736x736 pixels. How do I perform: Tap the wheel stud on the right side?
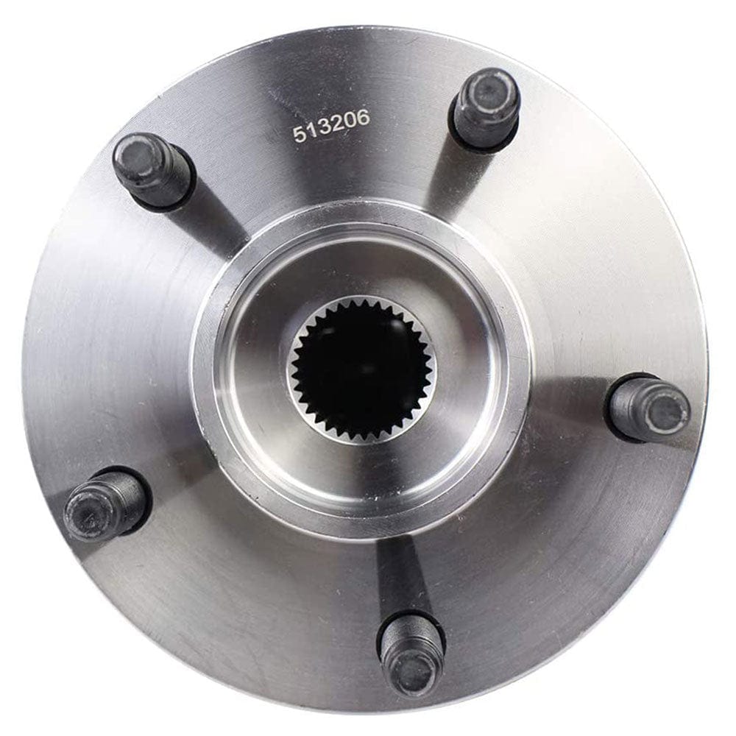click(x=648, y=408)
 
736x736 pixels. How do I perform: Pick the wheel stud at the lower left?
click(x=107, y=504)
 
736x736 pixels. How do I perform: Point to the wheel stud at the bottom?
click(x=412, y=651)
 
